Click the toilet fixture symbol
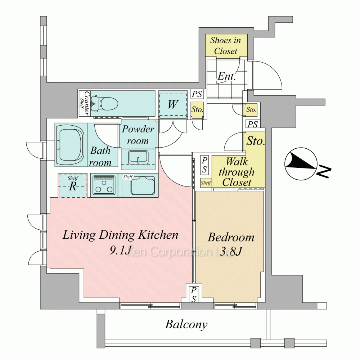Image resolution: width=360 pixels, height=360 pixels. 104,103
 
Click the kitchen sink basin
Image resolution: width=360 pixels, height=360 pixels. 143,185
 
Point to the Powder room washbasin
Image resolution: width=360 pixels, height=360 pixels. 138,157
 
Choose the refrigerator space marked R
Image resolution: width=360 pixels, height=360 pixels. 73,185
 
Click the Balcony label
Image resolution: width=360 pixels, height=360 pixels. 186,324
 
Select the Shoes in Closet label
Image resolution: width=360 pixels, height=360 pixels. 226,45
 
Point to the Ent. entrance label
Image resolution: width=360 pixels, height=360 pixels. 226,76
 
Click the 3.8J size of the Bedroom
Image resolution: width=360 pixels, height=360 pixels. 231,251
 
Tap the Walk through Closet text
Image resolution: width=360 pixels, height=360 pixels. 237,172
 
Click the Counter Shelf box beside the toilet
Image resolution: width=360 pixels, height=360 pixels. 84,103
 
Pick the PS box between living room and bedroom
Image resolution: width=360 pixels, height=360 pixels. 194,294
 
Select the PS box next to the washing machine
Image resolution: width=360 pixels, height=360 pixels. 197,94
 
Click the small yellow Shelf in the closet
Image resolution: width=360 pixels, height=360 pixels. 206,183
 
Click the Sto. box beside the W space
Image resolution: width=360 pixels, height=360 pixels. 197,109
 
